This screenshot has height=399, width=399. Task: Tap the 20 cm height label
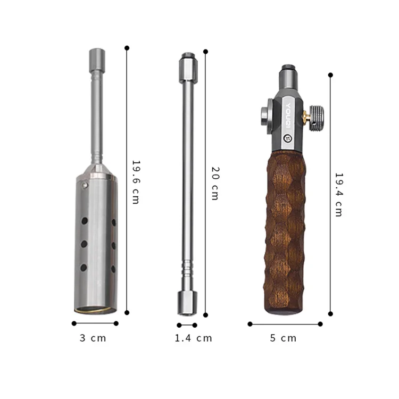tap(214, 183)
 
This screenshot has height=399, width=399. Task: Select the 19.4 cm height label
tap(338, 194)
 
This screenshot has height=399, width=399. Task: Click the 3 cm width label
tap(93, 338)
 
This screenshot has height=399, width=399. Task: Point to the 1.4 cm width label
tap(193, 338)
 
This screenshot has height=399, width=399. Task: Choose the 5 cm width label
tap(283, 338)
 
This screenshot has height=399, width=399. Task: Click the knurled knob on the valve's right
tap(317, 116)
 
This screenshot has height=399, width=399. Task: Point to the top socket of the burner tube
tap(96, 55)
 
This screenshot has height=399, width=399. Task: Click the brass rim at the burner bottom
tap(95, 310)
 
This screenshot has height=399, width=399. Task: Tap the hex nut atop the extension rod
tap(188, 68)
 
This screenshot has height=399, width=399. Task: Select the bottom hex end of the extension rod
tap(187, 302)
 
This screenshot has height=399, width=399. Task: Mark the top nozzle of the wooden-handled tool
tap(287, 72)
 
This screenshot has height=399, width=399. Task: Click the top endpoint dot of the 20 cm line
tap(205, 52)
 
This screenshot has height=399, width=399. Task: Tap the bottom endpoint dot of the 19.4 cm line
tap(330, 314)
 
